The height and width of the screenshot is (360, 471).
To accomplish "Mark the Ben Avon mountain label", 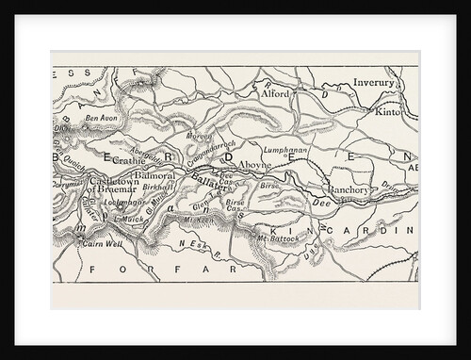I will [102, 119].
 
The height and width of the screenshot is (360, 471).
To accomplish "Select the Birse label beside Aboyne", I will [269, 187].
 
